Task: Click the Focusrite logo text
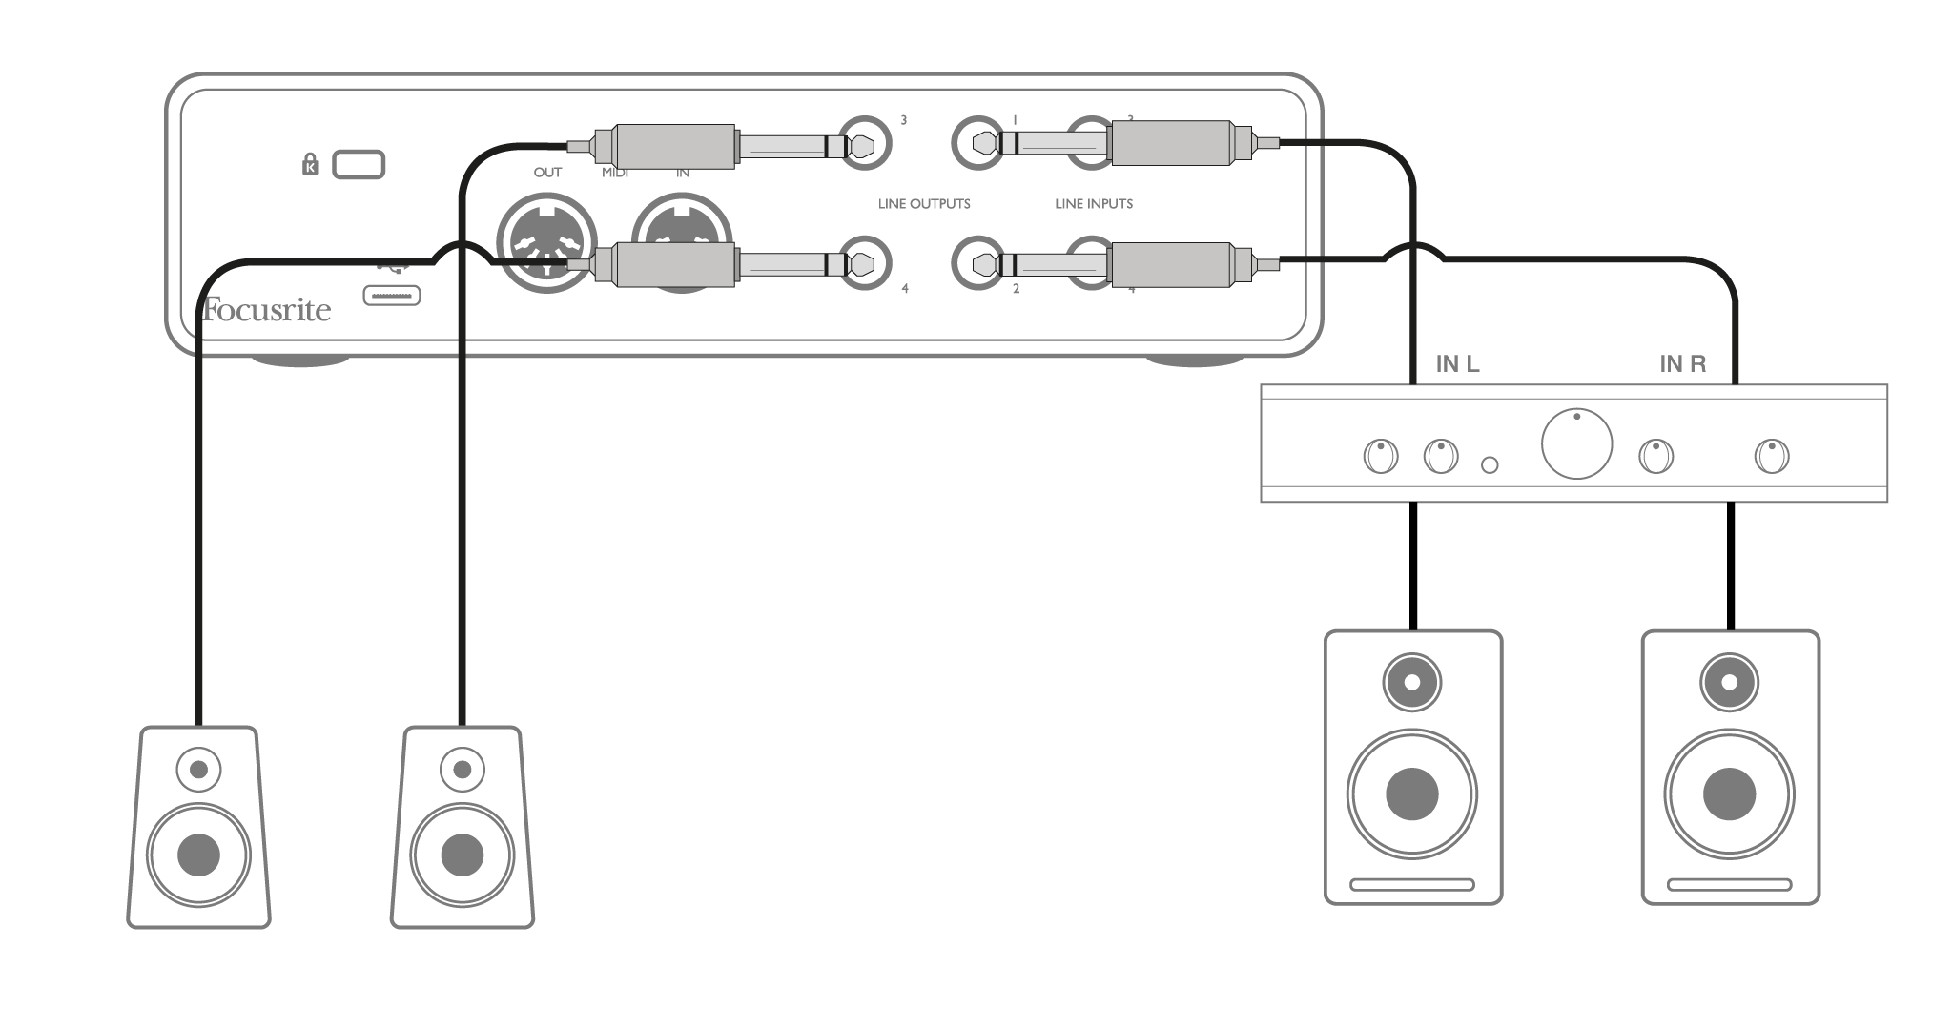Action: point(266,311)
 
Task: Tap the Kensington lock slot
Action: point(359,165)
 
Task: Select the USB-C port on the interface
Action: point(392,297)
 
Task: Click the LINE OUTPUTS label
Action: point(924,204)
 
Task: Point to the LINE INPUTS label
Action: point(1094,204)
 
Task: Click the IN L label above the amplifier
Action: point(1457,363)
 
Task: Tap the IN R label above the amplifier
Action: point(1682,363)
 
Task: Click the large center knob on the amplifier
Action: point(1576,443)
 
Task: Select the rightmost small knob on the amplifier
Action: point(1772,456)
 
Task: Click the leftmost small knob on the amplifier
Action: point(1381,456)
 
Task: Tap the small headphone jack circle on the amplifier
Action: point(1490,464)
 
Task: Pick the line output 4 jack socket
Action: point(864,263)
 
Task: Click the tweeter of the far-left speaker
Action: point(198,769)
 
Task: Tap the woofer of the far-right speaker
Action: point(1729,793)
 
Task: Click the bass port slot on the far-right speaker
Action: point(1729,885)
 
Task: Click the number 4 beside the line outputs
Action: point(905,288)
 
